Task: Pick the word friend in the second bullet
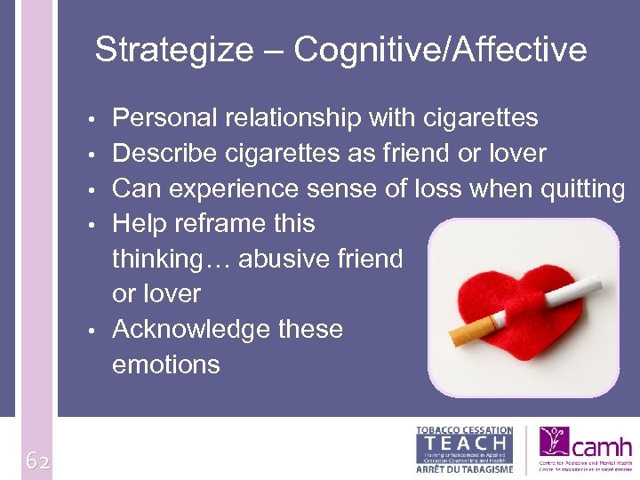(x=416, y=154)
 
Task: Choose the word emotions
(x=165, y=364)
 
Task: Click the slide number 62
(x=36, y=460)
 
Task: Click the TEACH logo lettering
(x=464, y=442)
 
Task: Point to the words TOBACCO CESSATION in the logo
(x=464, y=430)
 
